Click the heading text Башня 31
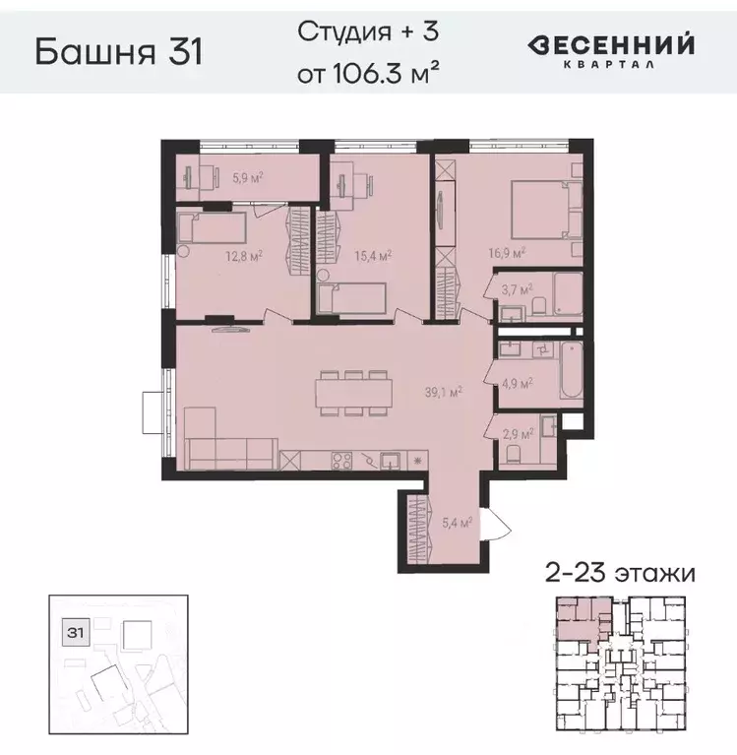(x=118, y=51)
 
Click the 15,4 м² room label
(x=375, y=255)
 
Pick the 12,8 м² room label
(x=243, y=256)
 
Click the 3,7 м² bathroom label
(x=517, y=291)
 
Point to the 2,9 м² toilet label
(x=519, y=433)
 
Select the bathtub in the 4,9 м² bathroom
(x=572, y=371)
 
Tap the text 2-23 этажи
(x=620, y=572)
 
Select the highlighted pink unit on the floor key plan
(x=582, y=617)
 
